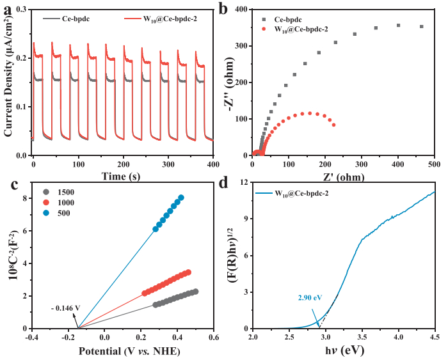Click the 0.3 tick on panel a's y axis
(22, 10)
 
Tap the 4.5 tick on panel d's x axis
(434, 337)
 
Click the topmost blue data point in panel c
(181, 198)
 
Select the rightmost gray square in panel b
(421, 26)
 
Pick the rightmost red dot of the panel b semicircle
(333, 125)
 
